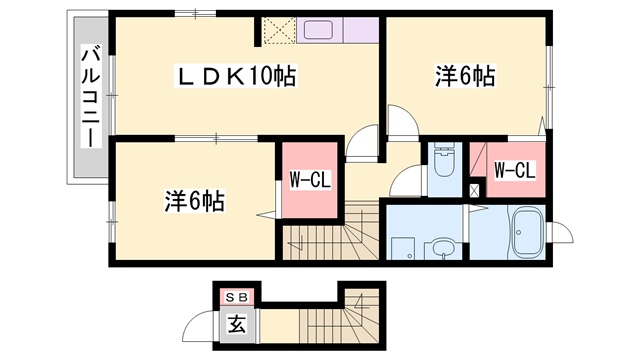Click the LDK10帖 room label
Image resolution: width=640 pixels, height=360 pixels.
[x=236, y=76]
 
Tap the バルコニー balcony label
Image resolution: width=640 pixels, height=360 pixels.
[x=91, y=96]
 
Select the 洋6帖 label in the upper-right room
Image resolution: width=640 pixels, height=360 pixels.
[x=465, y=76]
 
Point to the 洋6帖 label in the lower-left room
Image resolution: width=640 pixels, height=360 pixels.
[x=195, y=200]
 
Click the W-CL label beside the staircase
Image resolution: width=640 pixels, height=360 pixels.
[x=310, y=180]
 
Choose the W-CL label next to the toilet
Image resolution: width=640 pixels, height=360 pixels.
[x=514, y=170]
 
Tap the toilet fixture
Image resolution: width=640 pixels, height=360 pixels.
[x=444, y=160]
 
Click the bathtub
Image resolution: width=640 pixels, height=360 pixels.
[x=527, y=233]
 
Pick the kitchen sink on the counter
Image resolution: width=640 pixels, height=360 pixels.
[x=318, y=30]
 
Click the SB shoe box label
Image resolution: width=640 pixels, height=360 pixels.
[x=237, y=298]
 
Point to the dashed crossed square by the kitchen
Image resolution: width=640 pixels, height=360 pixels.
[x=279, y=30]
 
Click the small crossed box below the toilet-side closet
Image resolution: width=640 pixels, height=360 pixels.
[x=474, y=191]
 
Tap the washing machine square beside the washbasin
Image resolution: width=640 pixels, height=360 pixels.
[x=403, y=248]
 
